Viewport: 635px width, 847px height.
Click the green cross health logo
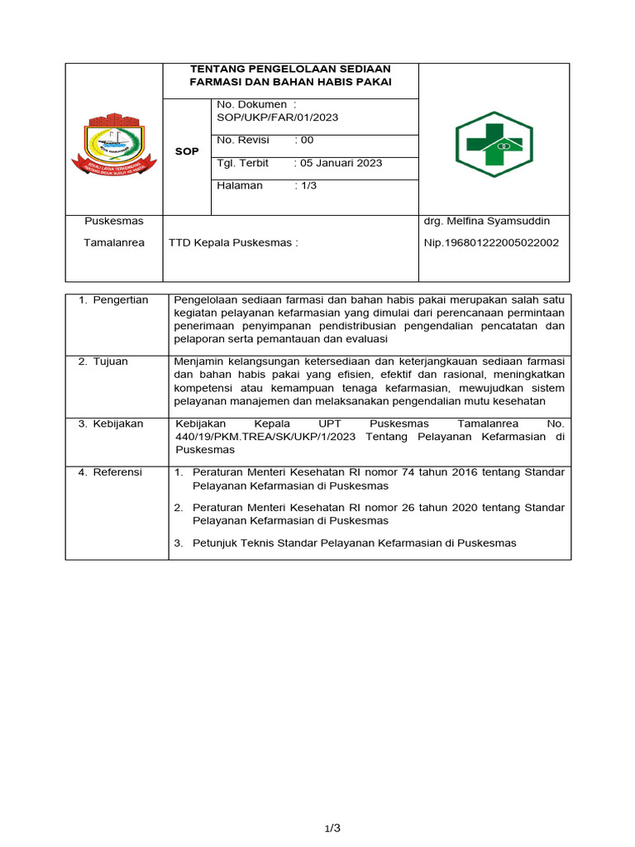tap(494, 145)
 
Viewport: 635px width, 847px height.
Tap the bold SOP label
tap(187, 152)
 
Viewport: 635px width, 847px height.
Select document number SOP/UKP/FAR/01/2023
tap(277, 117)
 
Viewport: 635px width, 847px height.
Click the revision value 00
tap(307, 141)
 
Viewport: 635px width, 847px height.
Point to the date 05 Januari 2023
tap(341, 163)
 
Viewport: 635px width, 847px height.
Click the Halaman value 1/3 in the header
tap(308, 186)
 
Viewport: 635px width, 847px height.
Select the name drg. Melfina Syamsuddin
tap(486, 222)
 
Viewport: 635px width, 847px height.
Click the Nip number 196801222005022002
tap(491, 243)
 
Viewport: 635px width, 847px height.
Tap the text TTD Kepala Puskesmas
tap(232, 243)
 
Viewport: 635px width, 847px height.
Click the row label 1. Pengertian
tap(113, 300)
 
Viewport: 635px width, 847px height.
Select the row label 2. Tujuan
tap(103, 361)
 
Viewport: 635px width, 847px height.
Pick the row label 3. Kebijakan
tap(111, 423)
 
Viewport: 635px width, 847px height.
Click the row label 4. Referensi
tap(110, 472)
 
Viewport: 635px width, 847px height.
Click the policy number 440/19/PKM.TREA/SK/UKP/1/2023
tap(266, 437)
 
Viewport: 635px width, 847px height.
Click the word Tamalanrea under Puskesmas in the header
tap(114, 243)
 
